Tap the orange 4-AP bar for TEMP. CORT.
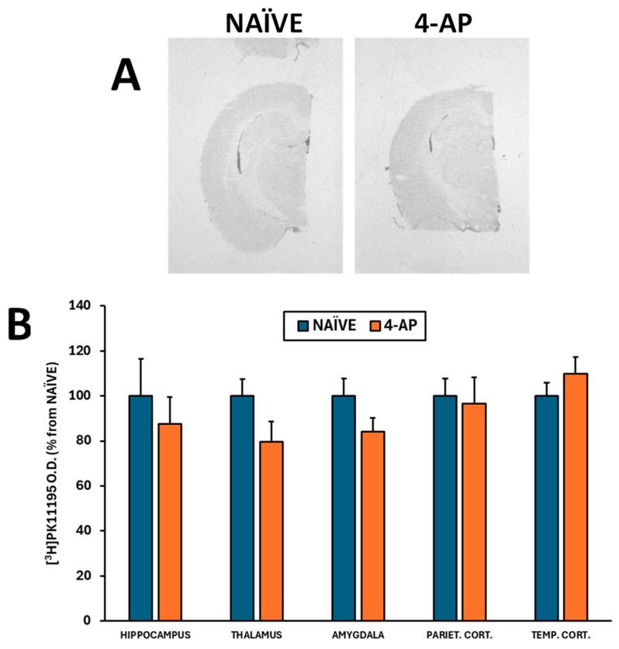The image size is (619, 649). pyautogui.click(x=575, y=497)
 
